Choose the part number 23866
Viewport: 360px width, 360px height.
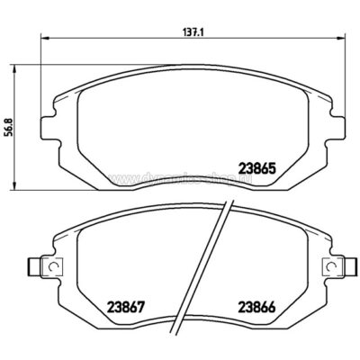coord(256,304)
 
